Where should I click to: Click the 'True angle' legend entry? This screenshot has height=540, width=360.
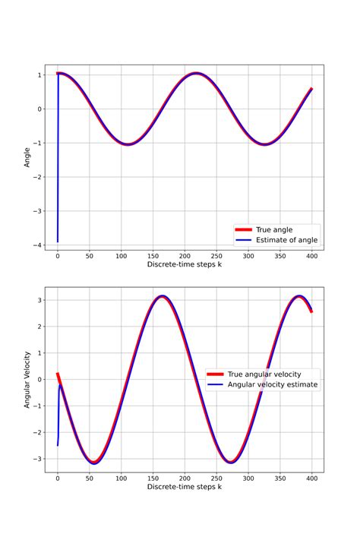pyautogui.click(x=274, y=229)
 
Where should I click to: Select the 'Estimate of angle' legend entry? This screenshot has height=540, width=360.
pyautogui.click(x=286, y=240)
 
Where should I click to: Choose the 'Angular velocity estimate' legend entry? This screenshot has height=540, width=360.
pyautogui.click(x=273, y=385)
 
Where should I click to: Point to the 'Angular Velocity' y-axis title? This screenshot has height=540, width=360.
pyautogui.click(x=27, y=380)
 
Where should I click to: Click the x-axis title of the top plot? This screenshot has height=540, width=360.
pyautogui.click(x=184, y=264)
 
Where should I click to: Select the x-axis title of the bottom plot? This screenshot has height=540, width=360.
pyautogui.click(x=184, y=486)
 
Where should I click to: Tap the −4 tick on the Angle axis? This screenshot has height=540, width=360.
pyautogui.click(x=36, y=245)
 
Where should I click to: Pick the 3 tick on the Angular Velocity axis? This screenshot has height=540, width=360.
pyautogui.click(x=38, y=301)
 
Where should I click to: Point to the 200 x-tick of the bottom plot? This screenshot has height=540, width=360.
pyautogui.click(x=185, y=478)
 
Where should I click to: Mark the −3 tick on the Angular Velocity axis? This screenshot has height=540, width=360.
pyautogui.click(x=36, y=459)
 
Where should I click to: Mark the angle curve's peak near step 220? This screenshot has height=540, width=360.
pyautogui.click(x=197, y=74)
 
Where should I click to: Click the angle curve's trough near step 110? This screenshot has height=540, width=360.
pyautogui.click(x=127, y=144)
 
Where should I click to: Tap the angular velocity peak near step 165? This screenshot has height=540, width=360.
pyautogui.click(x=162, y=296)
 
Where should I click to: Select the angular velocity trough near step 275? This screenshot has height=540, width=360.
pyautogui.click(x=232, y=462)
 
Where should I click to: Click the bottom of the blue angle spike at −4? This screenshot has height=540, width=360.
pyautogui.click(x=58, y=242)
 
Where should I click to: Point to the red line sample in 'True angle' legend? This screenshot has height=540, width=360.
pyautogui.click(x=244, y=229)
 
